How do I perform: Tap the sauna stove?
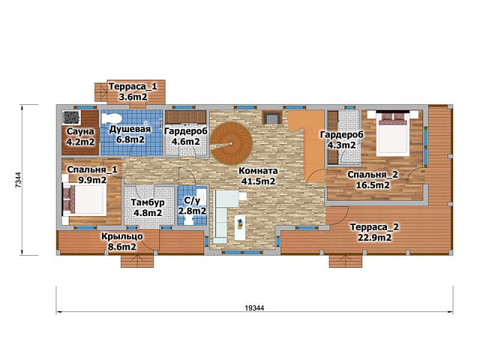tap(72, 118)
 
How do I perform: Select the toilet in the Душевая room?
tap(112, 118)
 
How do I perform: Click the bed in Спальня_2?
tap(393, 134)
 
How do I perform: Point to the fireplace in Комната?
tap(271, 117)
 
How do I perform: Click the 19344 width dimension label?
tap(254, 307)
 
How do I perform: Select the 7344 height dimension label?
tap(18, 180)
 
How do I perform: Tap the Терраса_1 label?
tap(133, 87)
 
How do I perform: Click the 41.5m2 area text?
tap(258, 181)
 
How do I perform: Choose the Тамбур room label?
tap(148, 202)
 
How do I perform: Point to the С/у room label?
tap(192, 201)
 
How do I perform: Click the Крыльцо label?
tap(121, 237)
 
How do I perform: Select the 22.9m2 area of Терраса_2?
tap(374, 238)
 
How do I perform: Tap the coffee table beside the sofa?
tap(240, 227)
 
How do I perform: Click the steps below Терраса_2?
tap(346, 261)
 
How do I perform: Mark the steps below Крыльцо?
tap(136, 261)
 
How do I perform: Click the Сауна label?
tap(80, 132)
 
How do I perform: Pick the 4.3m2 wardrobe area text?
tap(342, 145)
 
